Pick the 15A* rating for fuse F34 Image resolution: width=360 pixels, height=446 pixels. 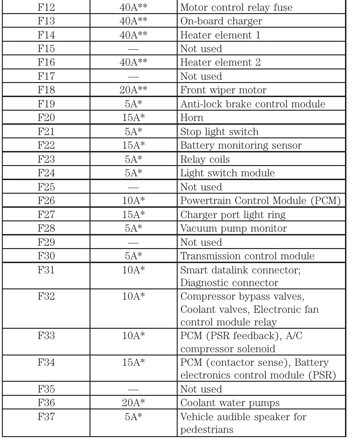coord(134,364)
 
